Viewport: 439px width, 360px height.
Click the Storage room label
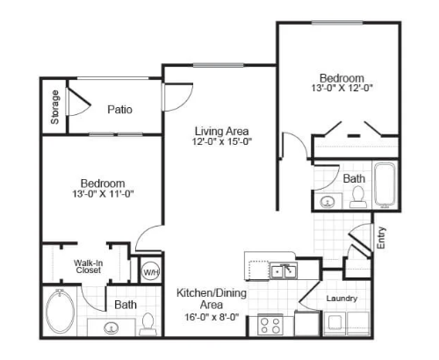(54, 107)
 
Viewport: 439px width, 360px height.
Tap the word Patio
(119, 110)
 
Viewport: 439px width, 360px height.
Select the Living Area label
(222, 132)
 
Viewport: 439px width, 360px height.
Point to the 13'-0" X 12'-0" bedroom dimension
(342, 88)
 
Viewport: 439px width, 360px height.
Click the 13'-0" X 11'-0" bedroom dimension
(103, 193)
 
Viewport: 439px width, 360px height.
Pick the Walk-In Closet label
(88, 266)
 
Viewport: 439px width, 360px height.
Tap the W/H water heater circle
(151, 272)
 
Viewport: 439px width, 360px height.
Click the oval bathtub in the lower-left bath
(60, 312)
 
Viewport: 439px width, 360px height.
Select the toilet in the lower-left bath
(148, 324)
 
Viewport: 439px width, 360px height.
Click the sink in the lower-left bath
(112, 328)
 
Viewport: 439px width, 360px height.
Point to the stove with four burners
(270, 325)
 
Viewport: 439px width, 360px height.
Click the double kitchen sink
(284, 271)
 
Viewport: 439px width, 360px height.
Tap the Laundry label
(342, 299)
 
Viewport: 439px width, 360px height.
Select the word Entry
(381, 238)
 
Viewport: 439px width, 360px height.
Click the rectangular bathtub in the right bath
(385, 185)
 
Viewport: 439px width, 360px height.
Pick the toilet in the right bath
(358, 197)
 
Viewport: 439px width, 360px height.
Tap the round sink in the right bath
(327, 202)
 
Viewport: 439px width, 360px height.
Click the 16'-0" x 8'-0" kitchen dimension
(212, 317)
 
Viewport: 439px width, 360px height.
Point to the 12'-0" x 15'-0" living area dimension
(222, 141)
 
